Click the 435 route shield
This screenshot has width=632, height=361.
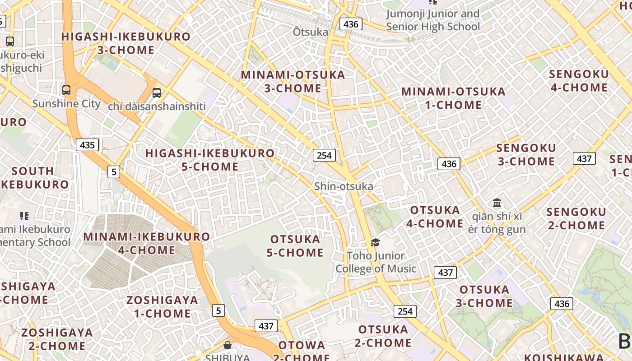87,145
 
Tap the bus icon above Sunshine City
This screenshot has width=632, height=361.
66,90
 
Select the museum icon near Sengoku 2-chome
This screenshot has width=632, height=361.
497,203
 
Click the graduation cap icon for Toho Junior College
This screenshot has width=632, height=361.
375,243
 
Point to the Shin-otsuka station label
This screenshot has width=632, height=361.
344,186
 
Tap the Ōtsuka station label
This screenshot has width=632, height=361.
311,32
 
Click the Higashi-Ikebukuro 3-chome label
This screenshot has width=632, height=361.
125,43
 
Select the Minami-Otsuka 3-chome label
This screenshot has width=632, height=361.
293,82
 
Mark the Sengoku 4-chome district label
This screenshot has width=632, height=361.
579,81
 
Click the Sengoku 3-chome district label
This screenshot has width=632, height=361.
526,155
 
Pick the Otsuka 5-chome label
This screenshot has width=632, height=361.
295,246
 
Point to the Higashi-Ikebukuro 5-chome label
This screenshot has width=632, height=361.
210,160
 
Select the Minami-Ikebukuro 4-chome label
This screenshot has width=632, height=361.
147,243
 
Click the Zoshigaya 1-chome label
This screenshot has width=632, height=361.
162,307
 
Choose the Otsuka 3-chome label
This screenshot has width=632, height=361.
484,296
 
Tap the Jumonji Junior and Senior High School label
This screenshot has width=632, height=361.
433,20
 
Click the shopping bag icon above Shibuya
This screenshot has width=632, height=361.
228,345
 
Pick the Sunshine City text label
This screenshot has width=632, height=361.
66,104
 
